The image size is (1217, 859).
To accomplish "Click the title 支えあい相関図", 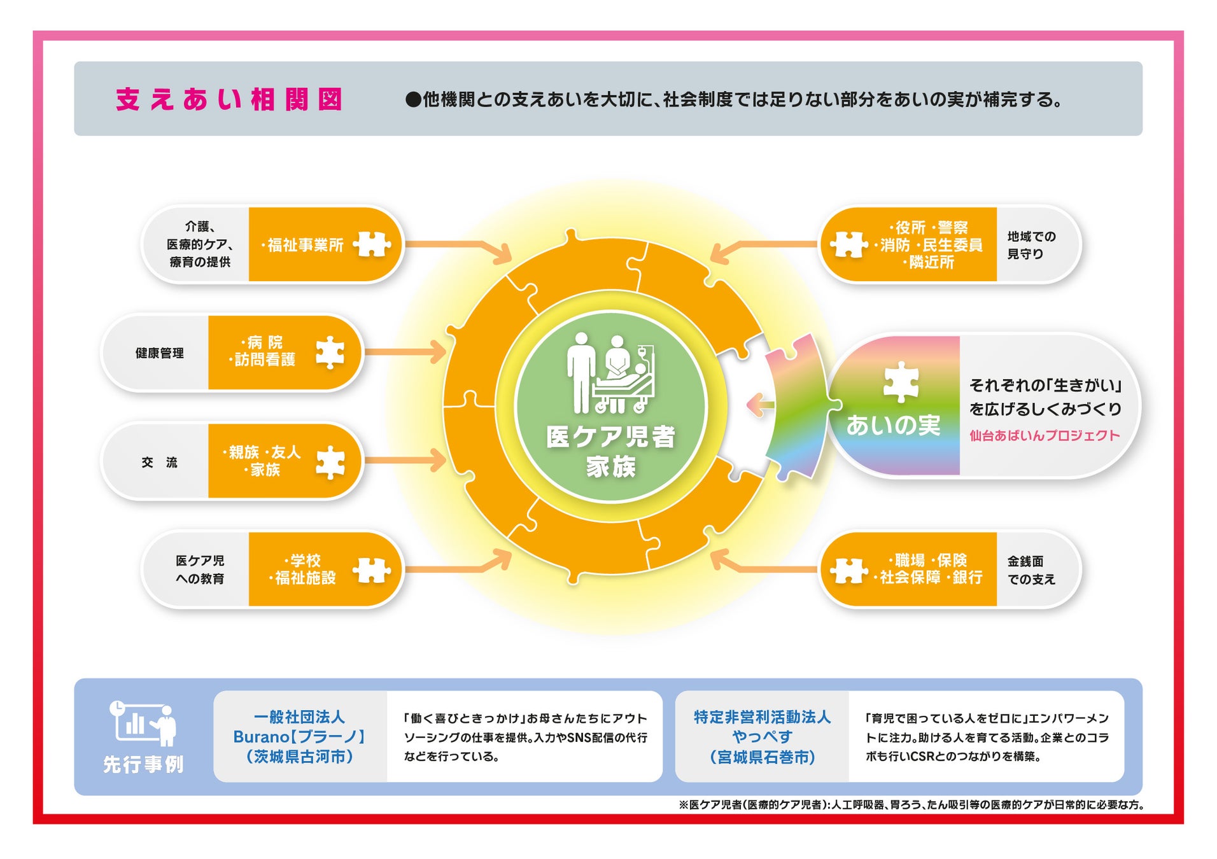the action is [x=229, y=99].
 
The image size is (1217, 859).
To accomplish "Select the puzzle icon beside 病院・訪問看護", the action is [x=330, y=352].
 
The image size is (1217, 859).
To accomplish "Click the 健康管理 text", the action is [x=159, y=353].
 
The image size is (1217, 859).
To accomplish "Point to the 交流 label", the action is [x=159, y=463].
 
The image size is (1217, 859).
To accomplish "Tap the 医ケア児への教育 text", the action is [x=200, y=569].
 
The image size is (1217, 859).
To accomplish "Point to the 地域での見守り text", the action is [x=1031, y=245].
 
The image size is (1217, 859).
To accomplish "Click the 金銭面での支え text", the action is [x=1031, y=570].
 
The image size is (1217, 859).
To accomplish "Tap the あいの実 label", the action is [x=892, y=425].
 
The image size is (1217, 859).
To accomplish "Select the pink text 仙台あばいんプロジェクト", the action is [x=1044, y=436].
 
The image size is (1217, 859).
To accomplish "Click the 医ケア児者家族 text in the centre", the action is [x=610, y=451].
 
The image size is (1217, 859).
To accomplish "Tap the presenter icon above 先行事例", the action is [x=144, y=723].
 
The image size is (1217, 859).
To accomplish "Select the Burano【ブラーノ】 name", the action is [x=299, y=737].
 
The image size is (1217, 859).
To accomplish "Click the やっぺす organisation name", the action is [x=762, y=737].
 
